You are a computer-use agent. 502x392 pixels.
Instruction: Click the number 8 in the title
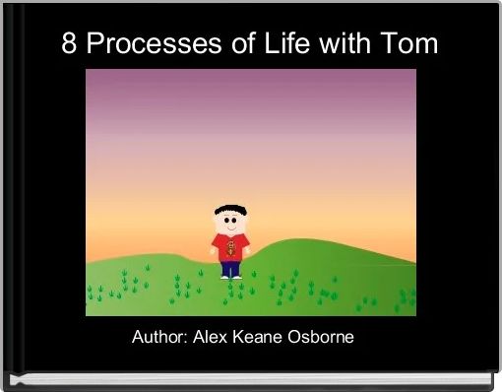70,44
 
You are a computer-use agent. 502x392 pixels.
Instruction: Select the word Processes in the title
147,44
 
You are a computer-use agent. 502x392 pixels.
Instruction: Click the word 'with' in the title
349,44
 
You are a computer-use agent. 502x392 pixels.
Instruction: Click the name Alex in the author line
212,338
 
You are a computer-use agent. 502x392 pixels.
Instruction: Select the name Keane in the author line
259,338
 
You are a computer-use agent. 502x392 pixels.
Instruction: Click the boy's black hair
230,210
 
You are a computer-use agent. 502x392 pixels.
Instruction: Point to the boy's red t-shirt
231,246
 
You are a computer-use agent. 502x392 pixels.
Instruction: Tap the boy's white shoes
231,277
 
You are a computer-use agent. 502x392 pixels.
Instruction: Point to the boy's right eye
225,222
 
